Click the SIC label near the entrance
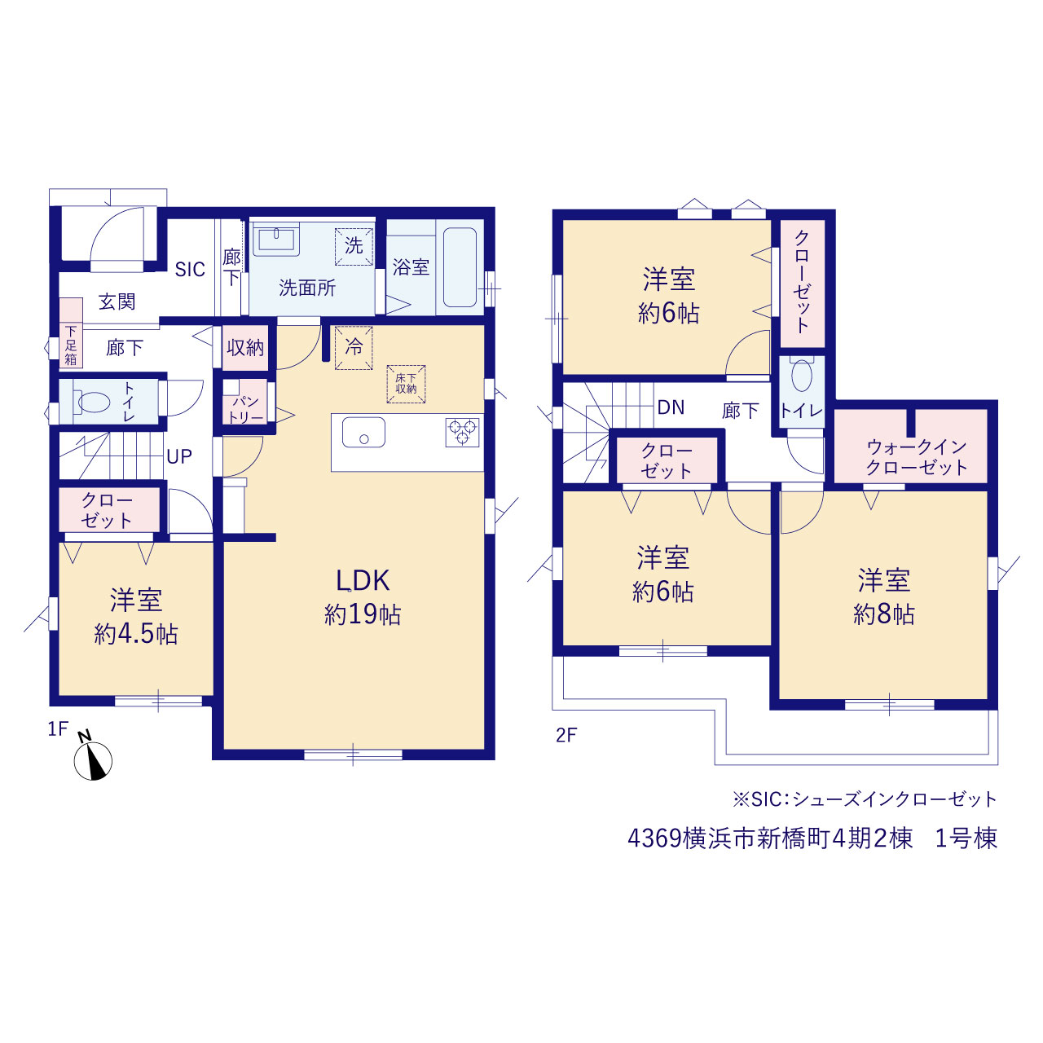[x=190, y=269]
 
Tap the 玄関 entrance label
[x=117, y=301]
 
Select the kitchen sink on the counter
[x=363, y=433]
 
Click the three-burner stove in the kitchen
[x=462, y=433]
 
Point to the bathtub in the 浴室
[x=460, y=266]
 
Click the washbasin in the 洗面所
[x=276, y=239]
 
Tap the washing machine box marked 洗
[x=354, y=247]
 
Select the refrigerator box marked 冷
[x=354, y=347]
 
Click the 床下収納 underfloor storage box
[x=406, y=384]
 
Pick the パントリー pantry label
[x=245, y=409]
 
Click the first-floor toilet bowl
[x=95, y=402]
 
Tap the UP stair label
[x=179, y=457]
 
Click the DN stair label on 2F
[x=671, y=407]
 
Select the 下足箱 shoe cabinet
[x=71, y=333]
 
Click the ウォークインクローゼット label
[x=917, y=457]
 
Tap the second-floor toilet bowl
[x=802, y=374]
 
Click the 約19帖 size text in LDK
[x=363, y=615]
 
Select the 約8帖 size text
[x=884, y=615]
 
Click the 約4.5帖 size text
[x=136, y=634]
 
